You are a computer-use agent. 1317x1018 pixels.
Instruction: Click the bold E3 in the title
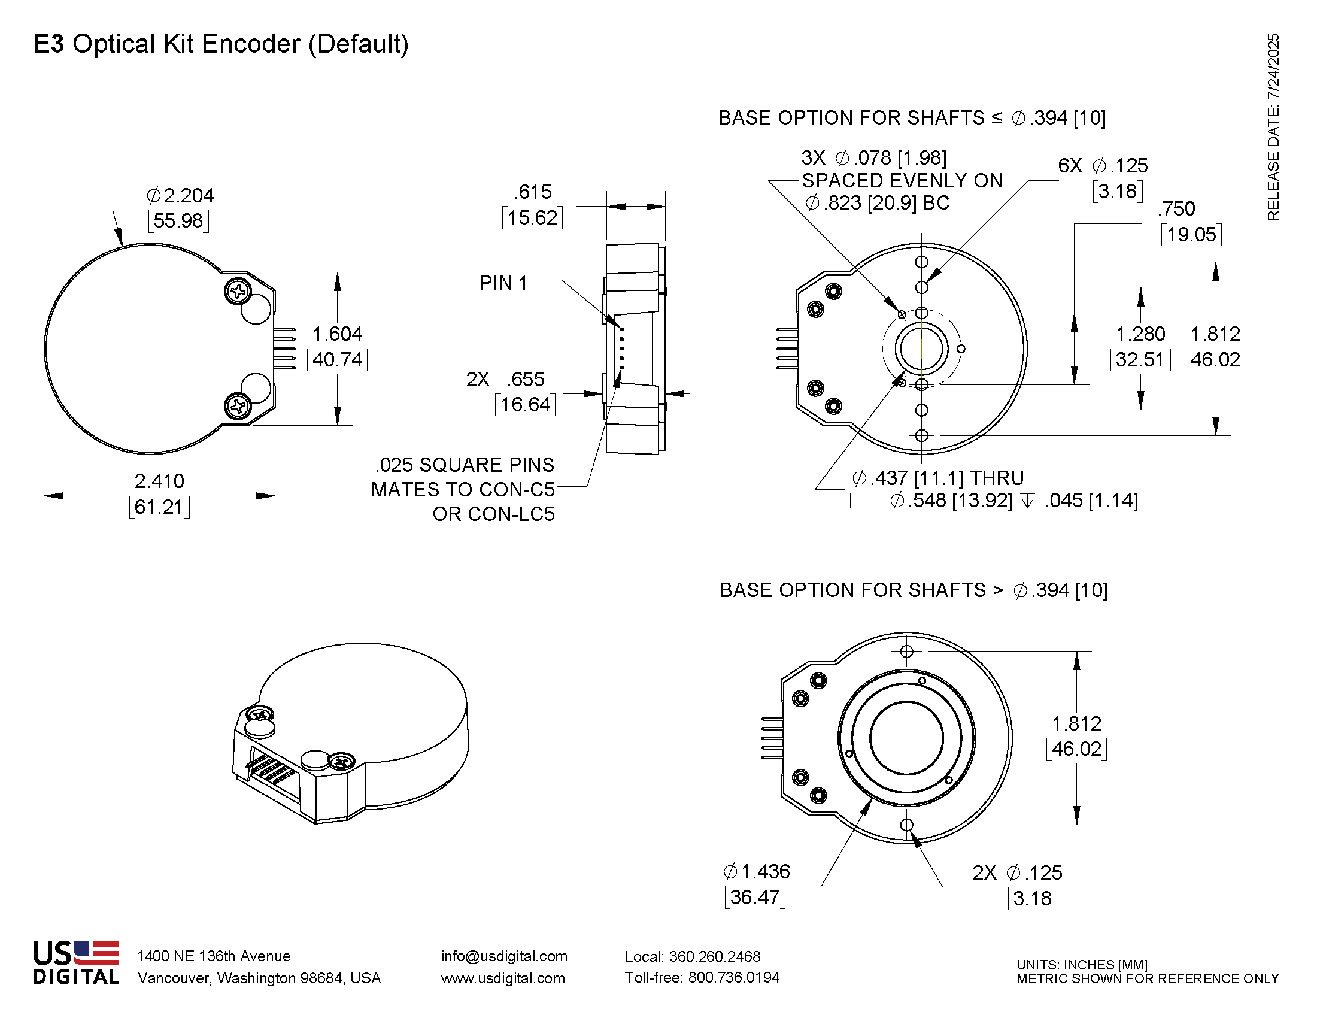(48, 44)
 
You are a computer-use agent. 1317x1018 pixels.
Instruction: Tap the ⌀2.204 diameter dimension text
(180, 195)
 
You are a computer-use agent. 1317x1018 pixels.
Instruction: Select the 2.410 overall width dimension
(159, 481)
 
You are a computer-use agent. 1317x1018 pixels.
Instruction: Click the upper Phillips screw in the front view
(238, 291)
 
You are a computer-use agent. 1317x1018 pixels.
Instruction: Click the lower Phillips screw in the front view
(238, 405)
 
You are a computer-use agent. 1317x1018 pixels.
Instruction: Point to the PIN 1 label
(503, 283)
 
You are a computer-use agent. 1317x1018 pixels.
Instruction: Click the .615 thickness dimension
(532, 192)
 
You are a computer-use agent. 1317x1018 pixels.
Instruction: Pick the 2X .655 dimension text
(505, 379)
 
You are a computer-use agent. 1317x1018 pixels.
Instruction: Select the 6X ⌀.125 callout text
(1103, 165)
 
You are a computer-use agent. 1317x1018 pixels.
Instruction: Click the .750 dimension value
(1176, 208)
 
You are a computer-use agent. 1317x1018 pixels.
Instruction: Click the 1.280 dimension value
(1140, 334)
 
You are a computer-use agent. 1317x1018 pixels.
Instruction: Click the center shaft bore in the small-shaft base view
(921, 349)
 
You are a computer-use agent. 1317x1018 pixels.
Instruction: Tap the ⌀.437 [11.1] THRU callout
(937, 478)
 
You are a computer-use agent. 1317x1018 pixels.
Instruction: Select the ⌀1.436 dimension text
(756, 871)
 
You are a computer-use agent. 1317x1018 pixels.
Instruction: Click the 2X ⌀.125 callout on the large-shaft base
(1017, 872)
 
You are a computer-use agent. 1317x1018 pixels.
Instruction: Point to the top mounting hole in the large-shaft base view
(906, 652)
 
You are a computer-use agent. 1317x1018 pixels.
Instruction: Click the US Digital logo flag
(96, 953)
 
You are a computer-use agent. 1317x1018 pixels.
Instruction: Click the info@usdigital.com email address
(504, 956)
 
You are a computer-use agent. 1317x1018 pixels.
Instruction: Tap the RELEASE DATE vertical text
(1272, 126)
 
